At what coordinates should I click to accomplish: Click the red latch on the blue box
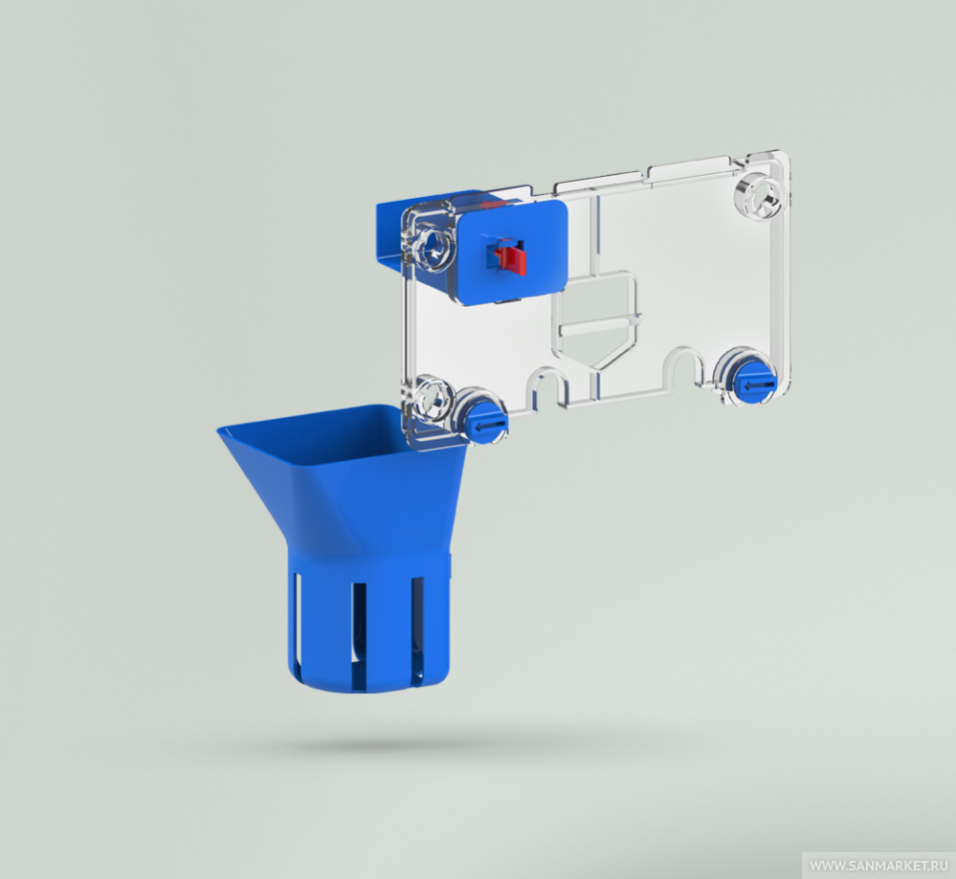click(511, 259)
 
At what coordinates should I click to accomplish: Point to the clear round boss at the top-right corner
click(759, 197)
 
